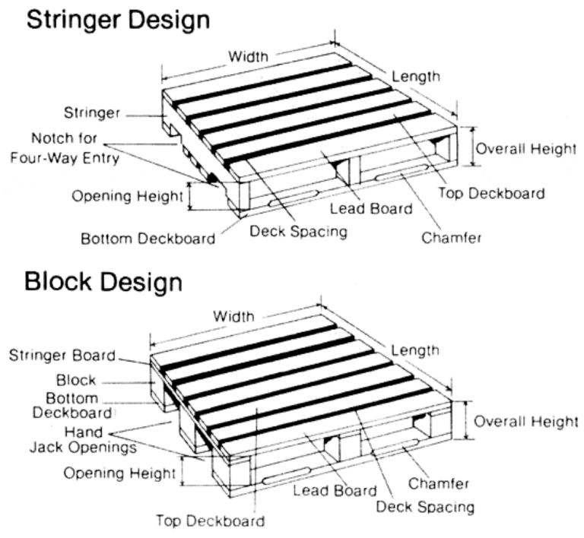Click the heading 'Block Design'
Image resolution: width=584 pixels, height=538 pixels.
(103, 281)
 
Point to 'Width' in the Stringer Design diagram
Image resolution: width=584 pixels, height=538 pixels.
(247, 56)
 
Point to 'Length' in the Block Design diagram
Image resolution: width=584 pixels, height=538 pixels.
(414, 350)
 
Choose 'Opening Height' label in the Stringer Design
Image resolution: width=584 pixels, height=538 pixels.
(126, 196)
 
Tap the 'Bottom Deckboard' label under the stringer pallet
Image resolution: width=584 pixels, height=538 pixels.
(148, 239)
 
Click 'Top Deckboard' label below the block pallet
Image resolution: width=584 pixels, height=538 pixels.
(211, 521)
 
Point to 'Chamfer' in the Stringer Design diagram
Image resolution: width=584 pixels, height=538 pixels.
(452, 237)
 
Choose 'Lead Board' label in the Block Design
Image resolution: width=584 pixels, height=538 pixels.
(335, 490)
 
